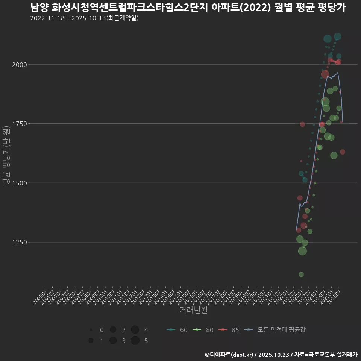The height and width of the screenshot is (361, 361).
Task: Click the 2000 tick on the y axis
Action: click(20, 65)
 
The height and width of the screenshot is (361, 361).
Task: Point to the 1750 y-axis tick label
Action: click(20, 124)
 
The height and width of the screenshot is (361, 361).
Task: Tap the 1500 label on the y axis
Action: click(20, 183)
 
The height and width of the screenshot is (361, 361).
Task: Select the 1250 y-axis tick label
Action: click(20, 242)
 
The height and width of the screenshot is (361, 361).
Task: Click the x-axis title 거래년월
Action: click(193, 310)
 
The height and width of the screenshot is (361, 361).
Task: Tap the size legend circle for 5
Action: click(135, 341)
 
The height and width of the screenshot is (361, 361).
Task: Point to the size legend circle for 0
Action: click(91, 330)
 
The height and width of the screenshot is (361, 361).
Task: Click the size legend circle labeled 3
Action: click(113, 341)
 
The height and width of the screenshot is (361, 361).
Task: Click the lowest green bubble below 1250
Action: click(301, 275)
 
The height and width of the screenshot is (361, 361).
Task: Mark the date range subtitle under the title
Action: click(85, 18)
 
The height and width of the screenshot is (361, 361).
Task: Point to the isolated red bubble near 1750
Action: click(303, 124)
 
